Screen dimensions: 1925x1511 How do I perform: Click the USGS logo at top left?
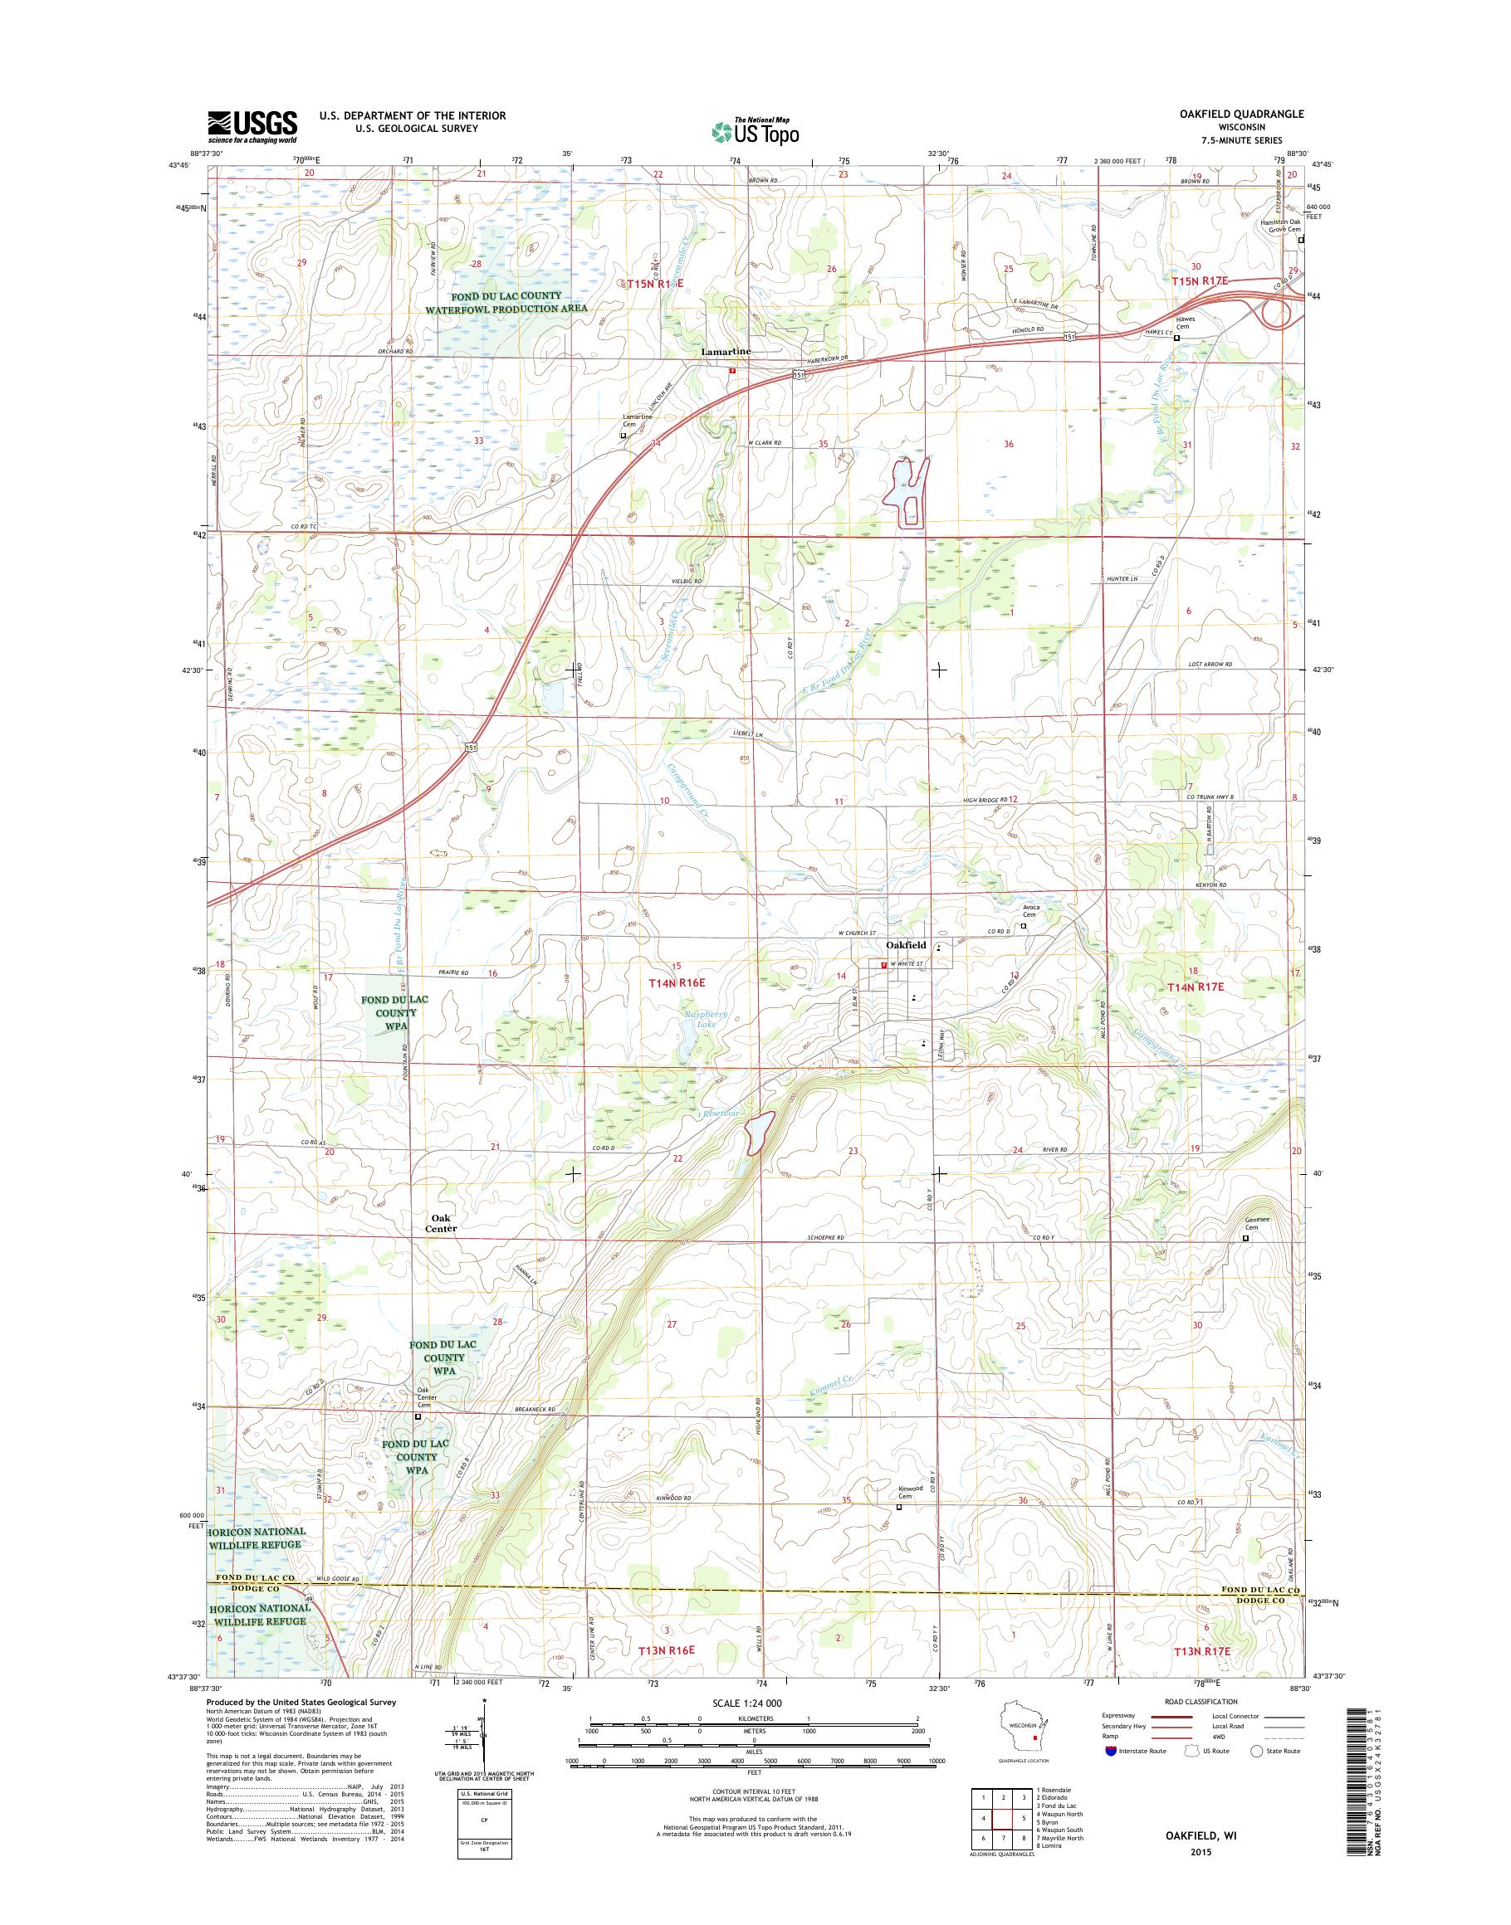tap(252, 127)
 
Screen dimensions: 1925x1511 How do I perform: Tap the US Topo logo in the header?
tap(755, 131)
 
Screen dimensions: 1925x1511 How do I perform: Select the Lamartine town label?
tap(726, 351)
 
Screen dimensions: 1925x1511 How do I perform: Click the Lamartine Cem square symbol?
tap(623, 435)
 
